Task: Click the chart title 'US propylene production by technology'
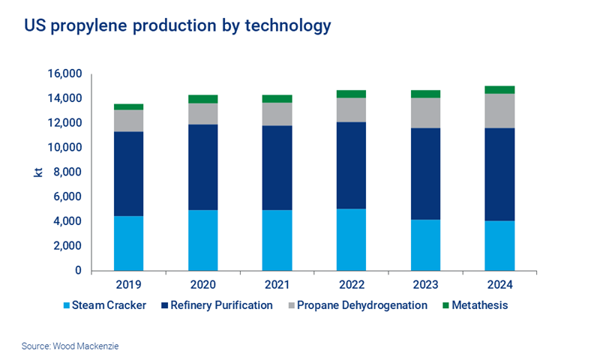(x=178, y=26)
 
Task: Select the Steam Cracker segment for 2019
(x=128, y=243)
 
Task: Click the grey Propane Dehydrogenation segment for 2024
(x=499, y=110)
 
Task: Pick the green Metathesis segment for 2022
(x=351, y=94)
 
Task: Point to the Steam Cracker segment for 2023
(x=425, y=244)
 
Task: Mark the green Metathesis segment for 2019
(x=128, y=106)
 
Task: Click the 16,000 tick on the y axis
(x=64, y=74)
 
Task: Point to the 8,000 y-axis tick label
(x=67, y=172)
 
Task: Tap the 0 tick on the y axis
(x=78, y=271)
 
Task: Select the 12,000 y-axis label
(x=64, y=123)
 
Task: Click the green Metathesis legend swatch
(x=447, y=305)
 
